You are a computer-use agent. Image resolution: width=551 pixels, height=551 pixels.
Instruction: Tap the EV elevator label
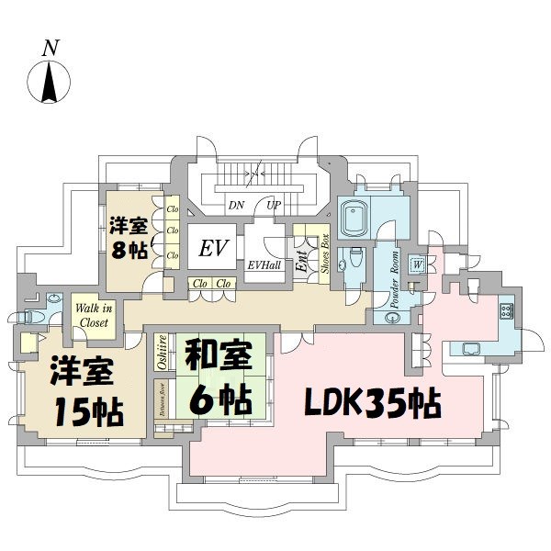[x=213, y=247]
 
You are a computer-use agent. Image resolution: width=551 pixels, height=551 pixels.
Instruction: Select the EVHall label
[x=265, y=265]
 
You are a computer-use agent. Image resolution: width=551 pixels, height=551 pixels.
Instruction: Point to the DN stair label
[x=236, y=206]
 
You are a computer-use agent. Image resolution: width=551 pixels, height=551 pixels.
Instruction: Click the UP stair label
[x=274, y=206]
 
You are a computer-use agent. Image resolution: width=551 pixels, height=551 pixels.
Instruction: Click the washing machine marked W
[x=418, y=264]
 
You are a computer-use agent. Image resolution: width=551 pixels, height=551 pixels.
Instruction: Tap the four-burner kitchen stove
[x=506, y=309]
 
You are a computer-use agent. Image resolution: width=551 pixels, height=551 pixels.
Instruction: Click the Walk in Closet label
[x=92, y=315]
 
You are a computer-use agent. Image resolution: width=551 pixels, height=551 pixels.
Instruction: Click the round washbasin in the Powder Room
[x=392, y=319]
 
